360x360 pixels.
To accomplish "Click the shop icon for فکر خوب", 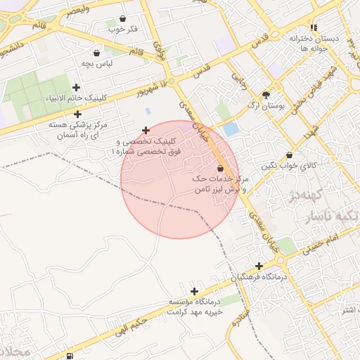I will click(x=124, y=18).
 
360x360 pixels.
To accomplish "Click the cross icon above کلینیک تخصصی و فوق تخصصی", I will click(x=146, y=130).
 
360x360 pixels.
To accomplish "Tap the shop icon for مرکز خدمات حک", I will click(x=221, y=169).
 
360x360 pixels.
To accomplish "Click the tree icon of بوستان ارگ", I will click(x=266, y=94).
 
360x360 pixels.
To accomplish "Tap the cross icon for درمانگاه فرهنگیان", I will click(x=259, y=266).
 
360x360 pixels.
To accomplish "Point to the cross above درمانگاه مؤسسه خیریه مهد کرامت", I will click(x=194, y=290).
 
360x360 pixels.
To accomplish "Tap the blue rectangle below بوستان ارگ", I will click(x=231, y=129).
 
